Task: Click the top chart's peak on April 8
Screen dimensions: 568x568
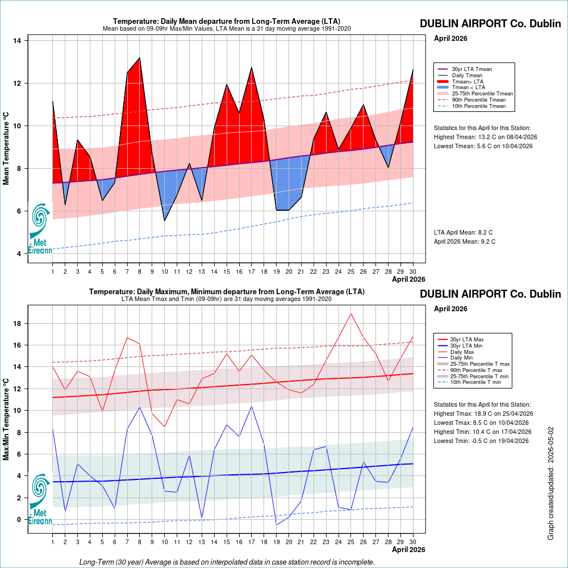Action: point(140,58)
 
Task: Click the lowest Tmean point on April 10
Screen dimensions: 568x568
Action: point(165,220)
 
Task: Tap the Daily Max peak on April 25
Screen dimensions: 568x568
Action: point(350,314)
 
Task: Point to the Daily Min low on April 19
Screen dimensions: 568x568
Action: point(277,524)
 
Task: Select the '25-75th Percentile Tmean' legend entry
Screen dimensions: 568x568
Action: point(475,94)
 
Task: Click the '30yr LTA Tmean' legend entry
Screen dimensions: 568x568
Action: point(465,69)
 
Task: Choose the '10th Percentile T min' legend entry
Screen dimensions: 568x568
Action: point(470,382)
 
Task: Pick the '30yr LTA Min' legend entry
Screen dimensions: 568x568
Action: point(460,345)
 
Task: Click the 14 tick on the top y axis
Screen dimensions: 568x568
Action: point(17,40)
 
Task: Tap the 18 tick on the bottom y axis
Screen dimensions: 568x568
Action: point(17,324)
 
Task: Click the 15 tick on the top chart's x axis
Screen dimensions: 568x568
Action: point(227,272)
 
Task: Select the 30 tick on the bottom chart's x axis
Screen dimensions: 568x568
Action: point(412,542)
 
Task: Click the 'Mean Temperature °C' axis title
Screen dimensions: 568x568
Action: point(6,148)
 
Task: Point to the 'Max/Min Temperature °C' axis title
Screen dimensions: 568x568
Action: point(6,420)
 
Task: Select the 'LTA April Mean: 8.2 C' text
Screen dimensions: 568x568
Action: point(463,232)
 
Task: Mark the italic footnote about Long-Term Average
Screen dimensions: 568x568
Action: point(227,562)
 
